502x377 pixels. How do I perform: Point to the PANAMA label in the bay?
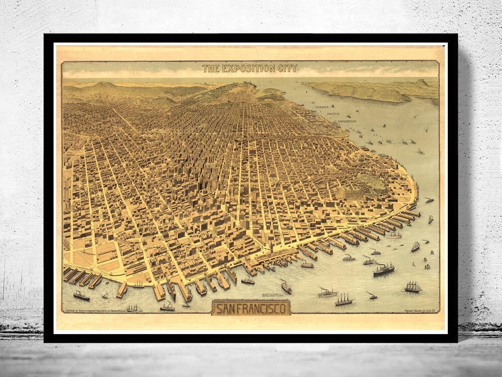[321, 107]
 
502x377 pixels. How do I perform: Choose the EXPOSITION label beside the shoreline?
[347, 121]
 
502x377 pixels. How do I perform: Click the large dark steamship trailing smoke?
[384, 269]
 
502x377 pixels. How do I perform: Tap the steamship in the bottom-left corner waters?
[81, 295]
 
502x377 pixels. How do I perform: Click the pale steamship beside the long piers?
[395, 235]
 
